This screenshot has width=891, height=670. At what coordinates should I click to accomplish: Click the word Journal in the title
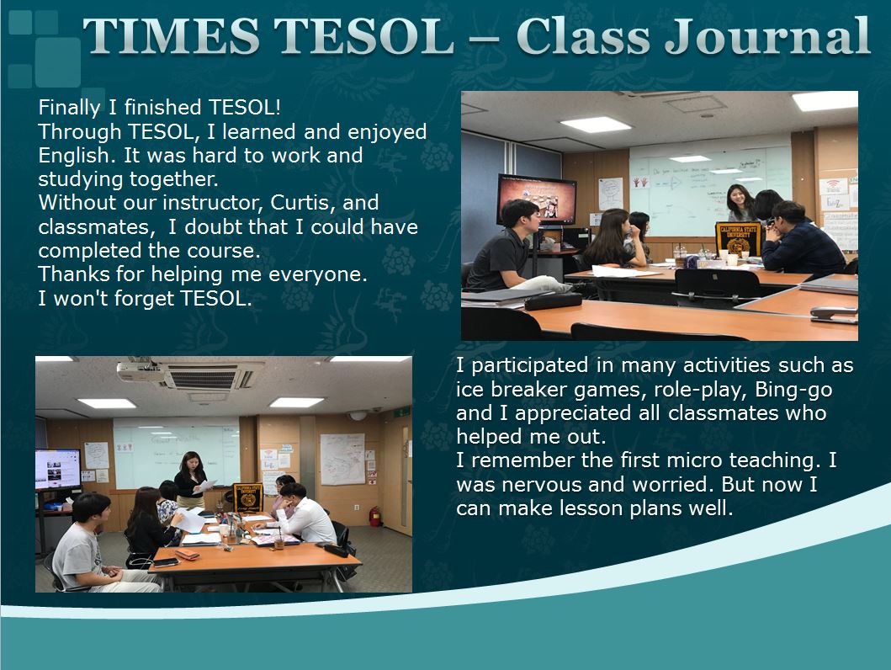(x=767, y=37)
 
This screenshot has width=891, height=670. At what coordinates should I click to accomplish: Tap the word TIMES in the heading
(x=172, y=36)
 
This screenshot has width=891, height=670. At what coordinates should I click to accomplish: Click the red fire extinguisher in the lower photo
(x=374, y=516)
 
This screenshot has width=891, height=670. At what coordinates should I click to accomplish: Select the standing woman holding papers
(x=191, y=481)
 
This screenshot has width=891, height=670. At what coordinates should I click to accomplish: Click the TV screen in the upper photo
(x=537, y=200)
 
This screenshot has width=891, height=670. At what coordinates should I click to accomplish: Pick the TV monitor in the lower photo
(x=57, y=469)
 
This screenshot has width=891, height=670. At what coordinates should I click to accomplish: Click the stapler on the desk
(x=834, y=314)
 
